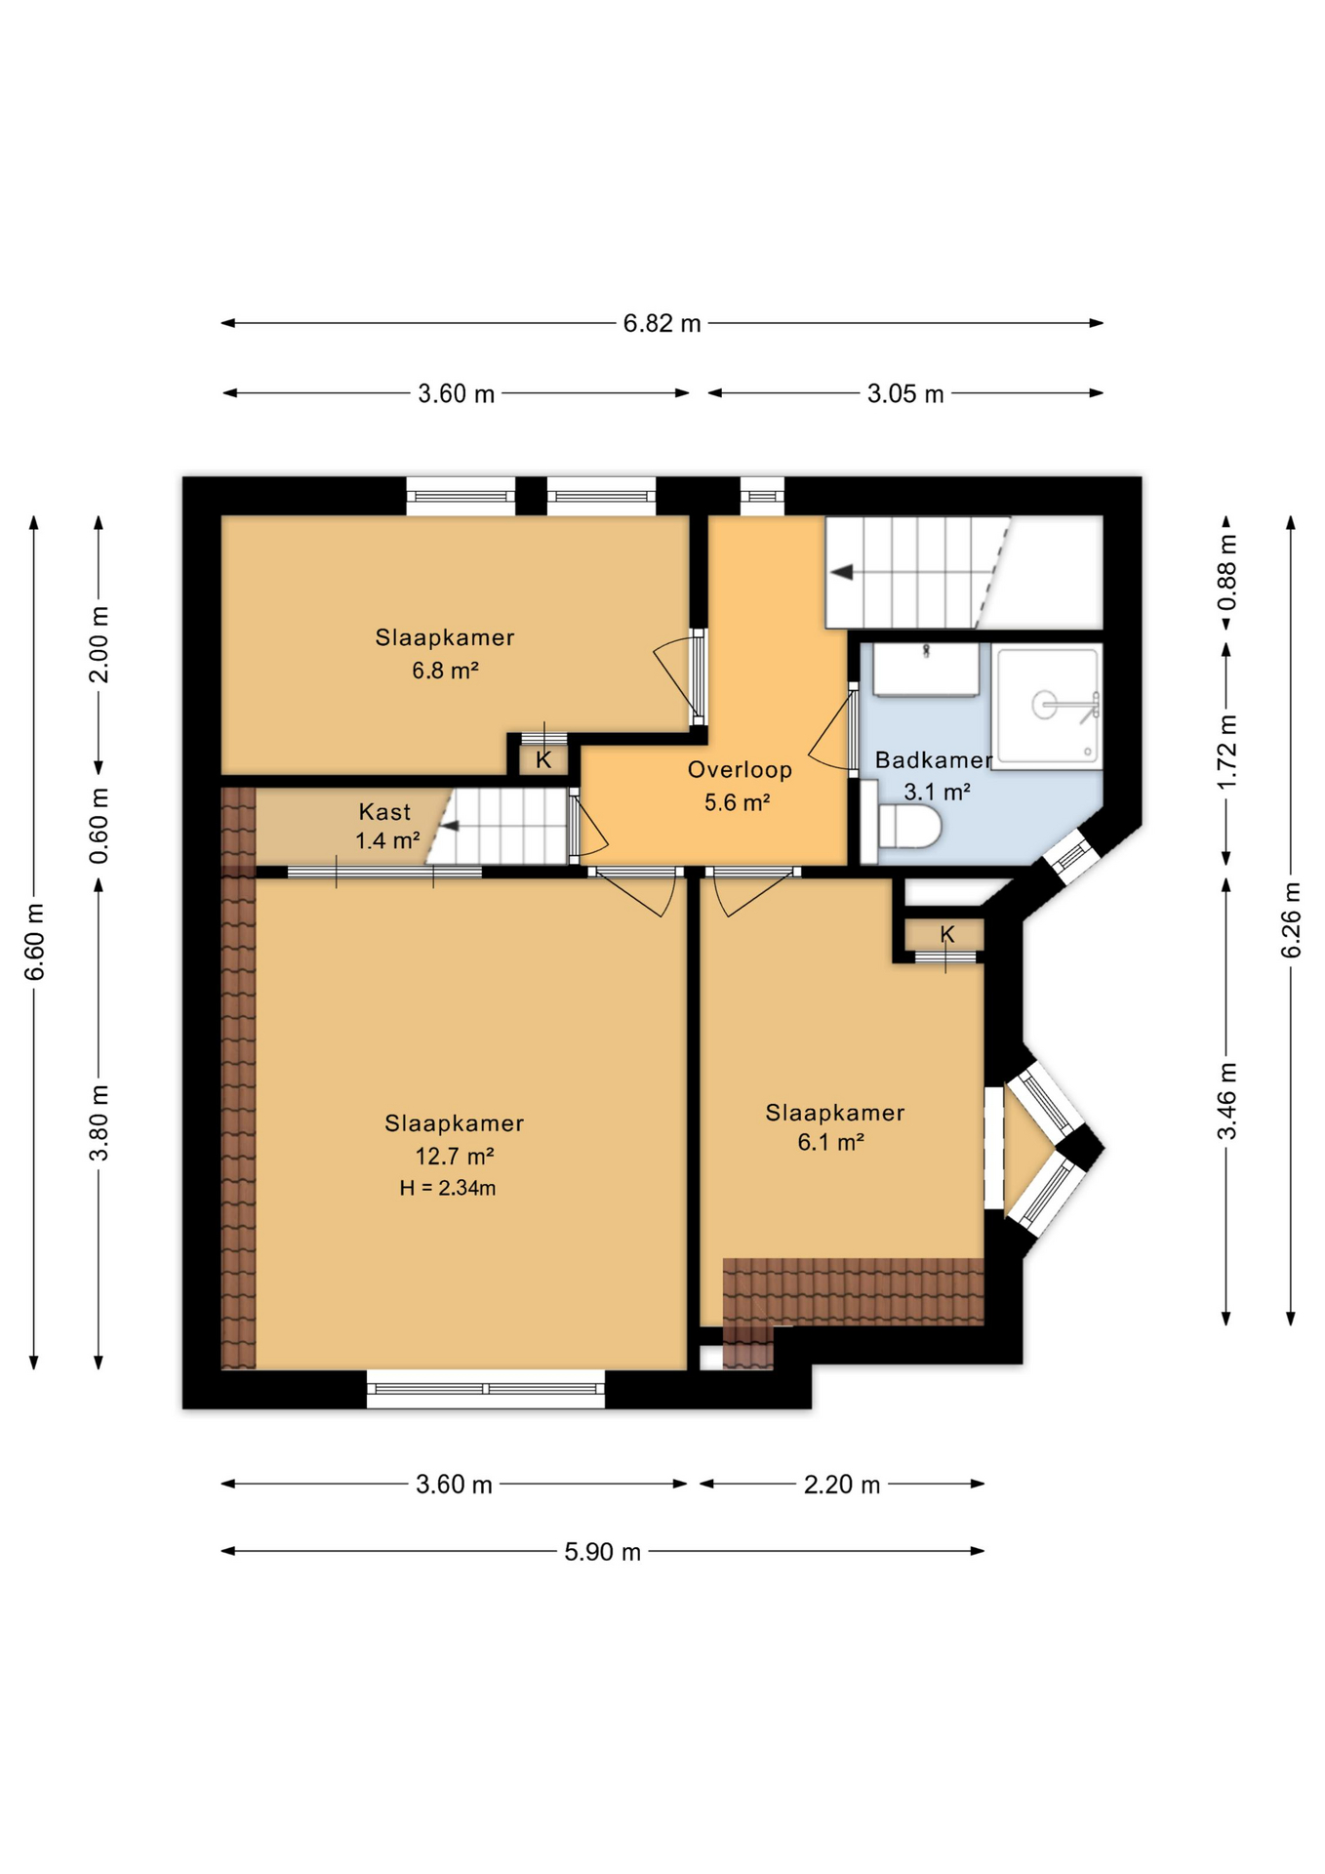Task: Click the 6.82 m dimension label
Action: coord(662,323)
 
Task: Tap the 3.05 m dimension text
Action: coord(905,393)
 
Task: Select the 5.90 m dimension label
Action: coord(602,1551)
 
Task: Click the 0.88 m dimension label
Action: coord(1226,572)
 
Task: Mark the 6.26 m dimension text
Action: coord(1291,919)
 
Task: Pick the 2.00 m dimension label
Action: coord(99,644)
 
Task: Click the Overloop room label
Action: coord(740,769)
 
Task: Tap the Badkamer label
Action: coord(933,759)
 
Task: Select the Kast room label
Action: coord(384,811)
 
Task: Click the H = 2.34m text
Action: coord(448,1188)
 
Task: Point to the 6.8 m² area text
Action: coord(445,671)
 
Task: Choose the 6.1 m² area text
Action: coord(831,1142)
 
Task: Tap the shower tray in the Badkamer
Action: coord(1047,706)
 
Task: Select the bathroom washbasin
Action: coord(925,670)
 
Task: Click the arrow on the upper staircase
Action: coord(842,572)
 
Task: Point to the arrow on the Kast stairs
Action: coord(449,827)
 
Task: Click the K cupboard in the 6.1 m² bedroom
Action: coord(945,935)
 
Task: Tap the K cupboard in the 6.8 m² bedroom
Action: coord(543,759)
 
